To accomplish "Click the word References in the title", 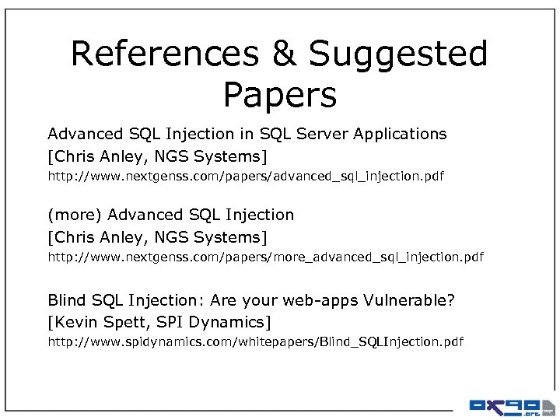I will [x=164, y=54].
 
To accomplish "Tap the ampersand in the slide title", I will [x=282, y=54].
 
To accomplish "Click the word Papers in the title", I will [x=280, y=96].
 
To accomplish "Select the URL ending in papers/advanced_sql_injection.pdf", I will [x=246, y=177].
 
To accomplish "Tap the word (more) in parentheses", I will [x=75, y=215].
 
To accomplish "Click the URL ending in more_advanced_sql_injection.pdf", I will [x=265, y=257].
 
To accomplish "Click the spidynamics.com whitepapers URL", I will [x=255, y=342].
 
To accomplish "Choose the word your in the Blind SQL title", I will [x=264, y=301].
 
